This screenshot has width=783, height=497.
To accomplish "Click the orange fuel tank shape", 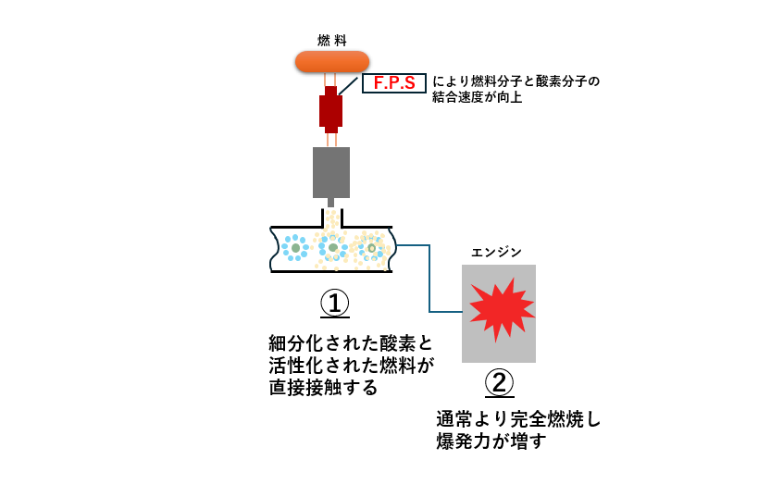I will [331, 61].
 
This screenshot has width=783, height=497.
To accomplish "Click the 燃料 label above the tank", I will [331, 40].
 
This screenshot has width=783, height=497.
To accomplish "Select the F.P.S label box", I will [393, 83].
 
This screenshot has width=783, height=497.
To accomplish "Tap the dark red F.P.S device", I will [331, 109].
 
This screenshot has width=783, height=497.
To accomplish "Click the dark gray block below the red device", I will [331, 172].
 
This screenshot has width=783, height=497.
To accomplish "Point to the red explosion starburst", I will [498, 307].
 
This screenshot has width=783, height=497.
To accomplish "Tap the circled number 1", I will [335, 304].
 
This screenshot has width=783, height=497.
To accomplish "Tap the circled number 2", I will [499, 382].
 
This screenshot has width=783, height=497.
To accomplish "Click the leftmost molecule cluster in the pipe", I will [295, 248].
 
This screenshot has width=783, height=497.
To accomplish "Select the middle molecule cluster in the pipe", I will [332, 247].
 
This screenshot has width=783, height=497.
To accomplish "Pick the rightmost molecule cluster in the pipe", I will [371, 248].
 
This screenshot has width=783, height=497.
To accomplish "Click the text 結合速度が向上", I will [477, 97].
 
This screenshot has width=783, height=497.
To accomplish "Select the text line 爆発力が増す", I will [491, 441].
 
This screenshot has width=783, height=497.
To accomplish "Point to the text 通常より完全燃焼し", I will [518, 419].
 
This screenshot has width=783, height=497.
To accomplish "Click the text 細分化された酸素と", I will [350, 342].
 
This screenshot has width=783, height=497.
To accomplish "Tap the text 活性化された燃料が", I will [350, 365].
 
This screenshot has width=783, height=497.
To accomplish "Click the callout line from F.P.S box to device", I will [351, 86].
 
